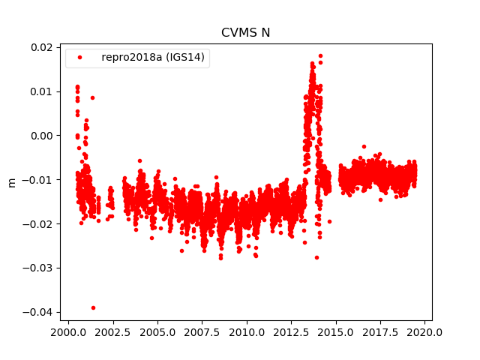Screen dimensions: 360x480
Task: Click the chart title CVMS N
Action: coord(245,32)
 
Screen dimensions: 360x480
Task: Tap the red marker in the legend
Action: coord(79,58)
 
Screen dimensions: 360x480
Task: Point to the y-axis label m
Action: coord(11,181)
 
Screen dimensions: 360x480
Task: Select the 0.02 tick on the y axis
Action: coord(41,47)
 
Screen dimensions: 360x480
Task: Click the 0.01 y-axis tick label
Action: coord(41,91)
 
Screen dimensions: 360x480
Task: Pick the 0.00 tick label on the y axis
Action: coord(41,136)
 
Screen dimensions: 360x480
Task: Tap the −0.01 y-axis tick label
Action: coord(38,180)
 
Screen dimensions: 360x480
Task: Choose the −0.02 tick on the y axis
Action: coord(38,224)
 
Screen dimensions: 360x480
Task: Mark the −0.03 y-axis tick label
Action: coord(38,268)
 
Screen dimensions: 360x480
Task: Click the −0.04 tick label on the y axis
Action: coord(38,312)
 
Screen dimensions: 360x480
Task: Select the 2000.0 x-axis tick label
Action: coord(68,332)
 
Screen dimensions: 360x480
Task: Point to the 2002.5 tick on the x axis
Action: coord(112,332)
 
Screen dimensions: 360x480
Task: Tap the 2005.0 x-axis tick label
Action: coord(157,332)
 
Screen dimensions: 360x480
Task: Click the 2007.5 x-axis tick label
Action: coord(202,332)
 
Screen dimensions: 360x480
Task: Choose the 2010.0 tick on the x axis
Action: coord(247,332)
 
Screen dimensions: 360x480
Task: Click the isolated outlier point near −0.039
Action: coord(93,307)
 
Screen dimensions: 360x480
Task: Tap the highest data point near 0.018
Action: coord(320,55)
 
